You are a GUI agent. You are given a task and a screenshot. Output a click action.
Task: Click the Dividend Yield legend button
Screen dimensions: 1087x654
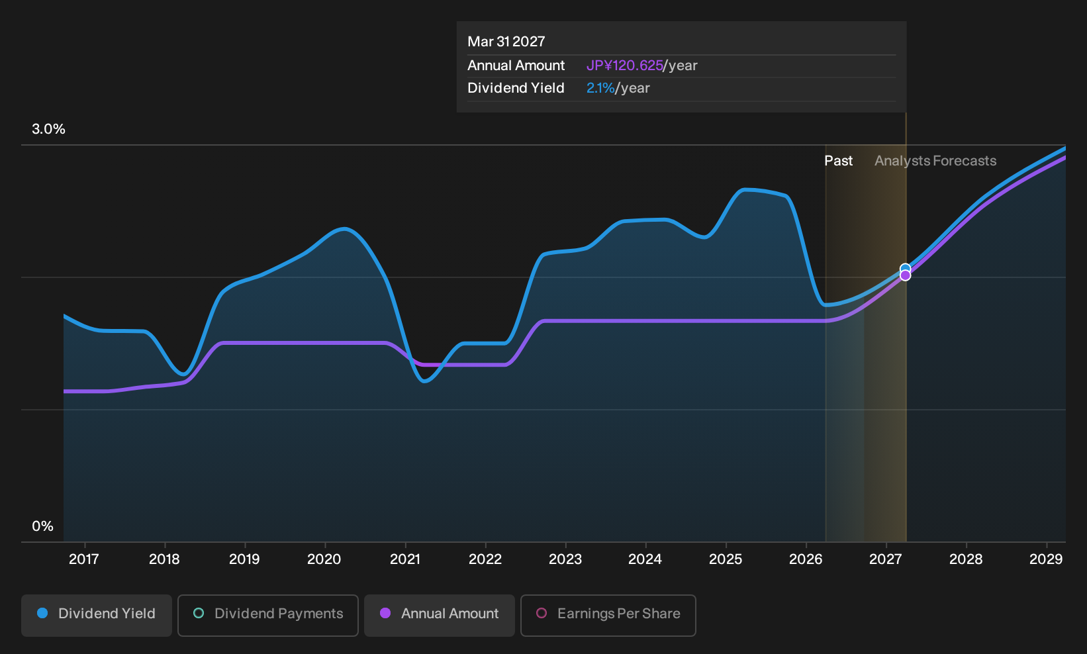click(97, 615)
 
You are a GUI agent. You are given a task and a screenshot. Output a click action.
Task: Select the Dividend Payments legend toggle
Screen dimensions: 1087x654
click(268, 615)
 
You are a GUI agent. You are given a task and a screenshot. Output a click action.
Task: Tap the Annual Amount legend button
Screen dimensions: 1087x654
click(439, 615)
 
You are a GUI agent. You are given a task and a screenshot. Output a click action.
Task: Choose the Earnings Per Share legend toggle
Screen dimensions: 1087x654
click(608, 615)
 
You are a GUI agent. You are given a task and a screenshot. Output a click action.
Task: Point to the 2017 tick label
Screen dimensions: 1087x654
click(84, 559)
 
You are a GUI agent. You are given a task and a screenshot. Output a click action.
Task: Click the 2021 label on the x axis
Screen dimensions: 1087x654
click(404, 559)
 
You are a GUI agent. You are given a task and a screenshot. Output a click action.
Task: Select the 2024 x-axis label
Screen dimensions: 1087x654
click(645, 559)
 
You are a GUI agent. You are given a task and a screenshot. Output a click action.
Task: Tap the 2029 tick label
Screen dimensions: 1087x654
click(1046, 559)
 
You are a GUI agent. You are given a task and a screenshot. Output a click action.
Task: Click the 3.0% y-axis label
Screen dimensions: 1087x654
click(48, 129)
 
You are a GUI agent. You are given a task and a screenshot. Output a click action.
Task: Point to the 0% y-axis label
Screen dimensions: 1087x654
click(43, 526)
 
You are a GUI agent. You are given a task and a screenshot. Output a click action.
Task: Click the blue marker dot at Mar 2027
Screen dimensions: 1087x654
click(905, 269)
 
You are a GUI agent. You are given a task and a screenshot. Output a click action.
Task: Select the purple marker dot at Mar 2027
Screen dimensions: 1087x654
click(905, 275)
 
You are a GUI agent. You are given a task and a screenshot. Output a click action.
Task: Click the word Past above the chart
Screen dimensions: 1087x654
click(838, 161)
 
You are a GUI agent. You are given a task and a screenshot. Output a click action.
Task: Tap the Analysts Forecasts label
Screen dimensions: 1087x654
click(935, 161)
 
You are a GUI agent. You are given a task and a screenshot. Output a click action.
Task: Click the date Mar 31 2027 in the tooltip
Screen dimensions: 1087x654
click(506, 42)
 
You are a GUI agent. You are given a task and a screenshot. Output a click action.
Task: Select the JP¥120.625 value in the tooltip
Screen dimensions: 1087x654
click(624, 66)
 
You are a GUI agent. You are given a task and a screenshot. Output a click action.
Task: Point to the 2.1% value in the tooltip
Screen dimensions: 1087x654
click(600, 88)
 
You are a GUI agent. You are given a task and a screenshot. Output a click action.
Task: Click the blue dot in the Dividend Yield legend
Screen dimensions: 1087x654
click(43, 613)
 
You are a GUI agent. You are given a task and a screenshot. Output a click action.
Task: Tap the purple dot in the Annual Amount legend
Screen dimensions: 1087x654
click(385, 613)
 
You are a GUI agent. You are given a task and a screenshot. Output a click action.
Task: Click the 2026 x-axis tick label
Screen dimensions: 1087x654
click(806, 559)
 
